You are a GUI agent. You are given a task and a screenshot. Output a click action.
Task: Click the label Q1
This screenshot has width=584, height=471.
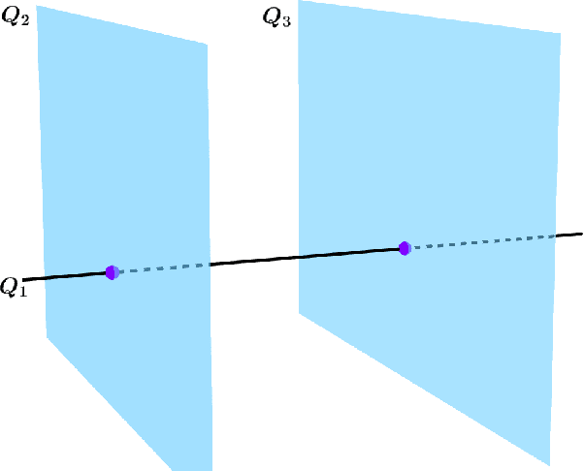pyautogui.click(x=15, y=287)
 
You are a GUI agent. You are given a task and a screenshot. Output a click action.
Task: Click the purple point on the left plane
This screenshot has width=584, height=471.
pyautogui.click(x=112, y=272)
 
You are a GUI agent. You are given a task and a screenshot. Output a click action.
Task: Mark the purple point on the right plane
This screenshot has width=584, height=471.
pyautogui.click(x=405, y=248)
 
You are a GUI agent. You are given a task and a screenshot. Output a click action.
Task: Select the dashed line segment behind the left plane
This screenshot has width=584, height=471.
pyautogui.click(x=160, y=268)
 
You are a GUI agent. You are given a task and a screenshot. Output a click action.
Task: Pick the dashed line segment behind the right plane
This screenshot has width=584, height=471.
pyautogui.click(x=480, y=242)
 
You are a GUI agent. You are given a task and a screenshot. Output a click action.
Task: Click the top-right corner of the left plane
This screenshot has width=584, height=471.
pyautogui.click(x=207, y=45)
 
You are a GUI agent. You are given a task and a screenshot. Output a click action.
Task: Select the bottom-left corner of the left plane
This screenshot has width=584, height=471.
pyautogui.click(x=48, y=337)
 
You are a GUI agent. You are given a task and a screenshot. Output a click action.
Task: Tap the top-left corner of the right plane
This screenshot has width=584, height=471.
pyautogui.click(x=299, y=13)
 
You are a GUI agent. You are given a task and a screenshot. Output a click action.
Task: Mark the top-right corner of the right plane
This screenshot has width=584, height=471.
pyautogui.click(x=560, y=35)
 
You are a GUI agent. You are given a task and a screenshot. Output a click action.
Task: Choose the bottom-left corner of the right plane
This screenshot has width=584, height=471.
pyautogui.click(x=299, y=312)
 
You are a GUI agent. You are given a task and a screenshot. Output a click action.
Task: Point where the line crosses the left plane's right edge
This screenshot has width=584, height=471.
pyautogui.click(x=209, y=265)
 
